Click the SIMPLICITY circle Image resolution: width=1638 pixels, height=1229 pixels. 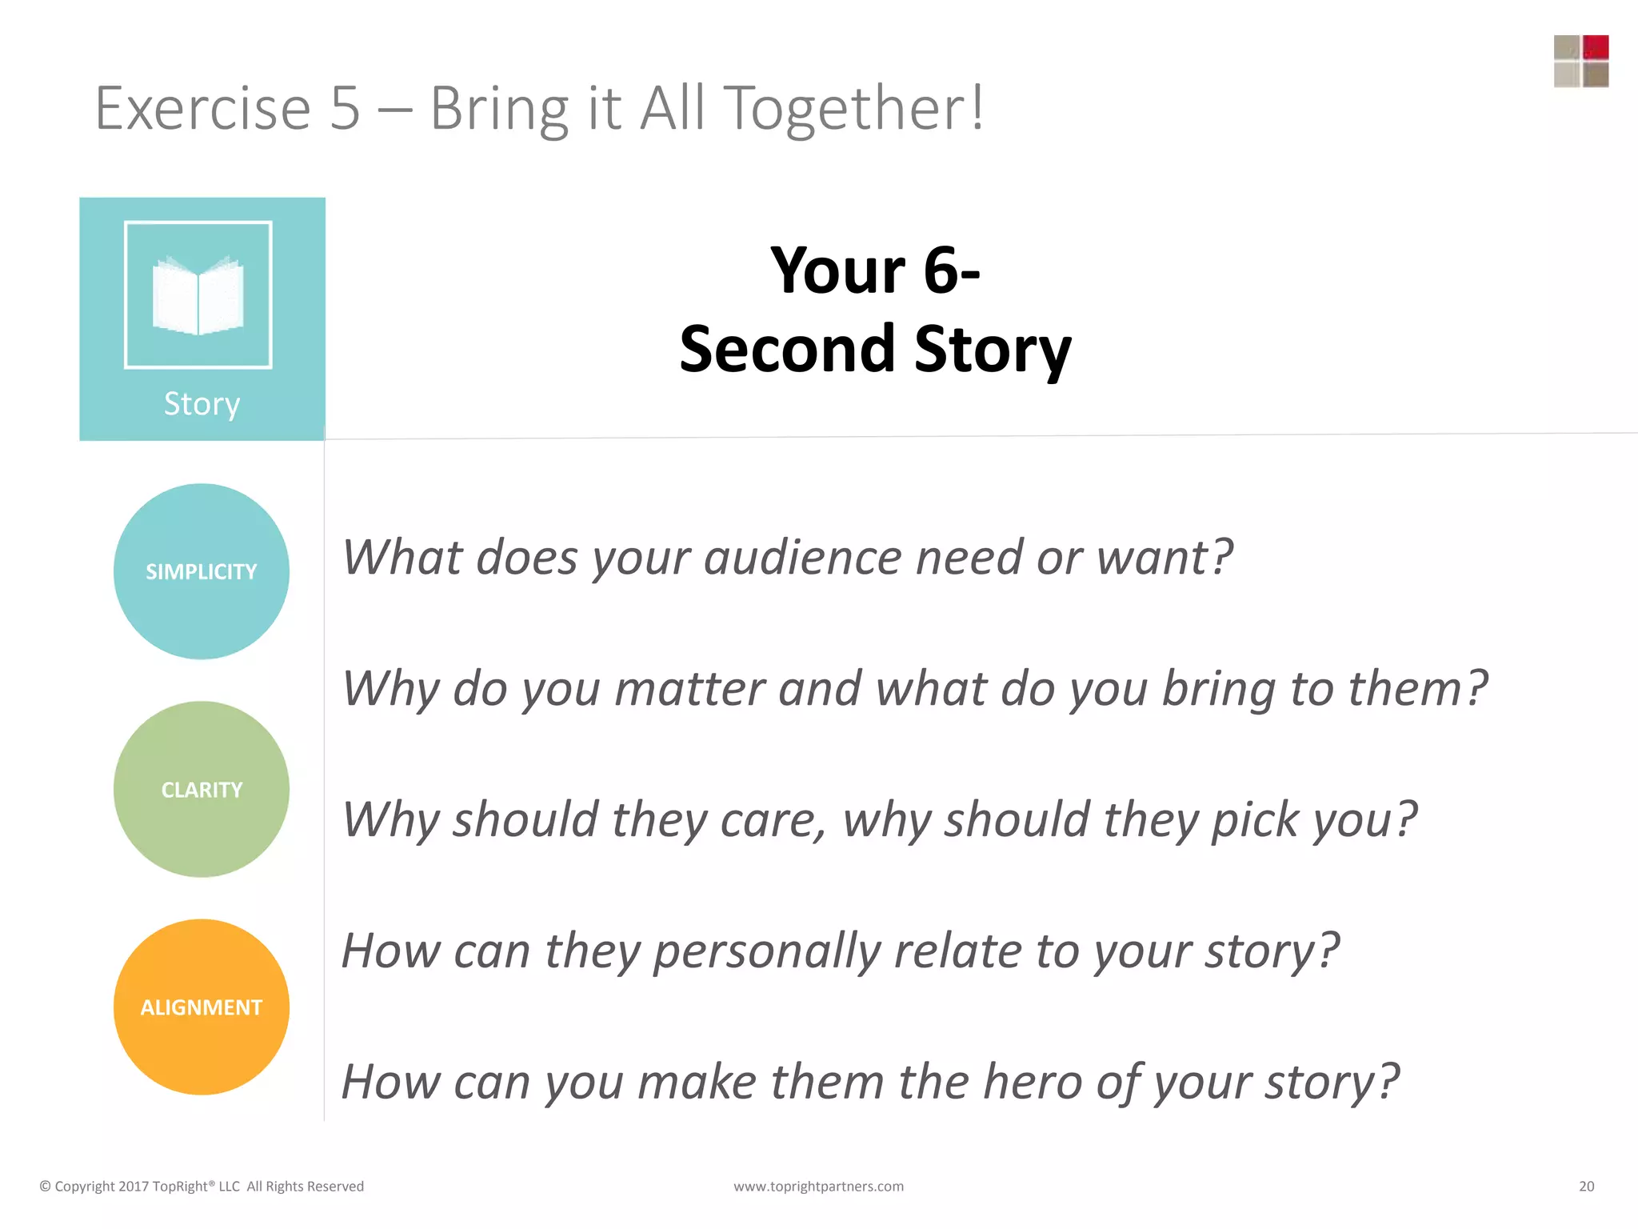(x=201, y=571)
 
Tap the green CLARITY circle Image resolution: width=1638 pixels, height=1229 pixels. (x=201, y=789)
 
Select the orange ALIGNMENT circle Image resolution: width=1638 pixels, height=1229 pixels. (x=201, y=1007)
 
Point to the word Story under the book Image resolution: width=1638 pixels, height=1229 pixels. (x=202, y=404)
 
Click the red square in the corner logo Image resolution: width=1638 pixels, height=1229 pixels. (x=1595, y=47)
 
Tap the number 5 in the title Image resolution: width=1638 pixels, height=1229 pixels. (x=345, y=108)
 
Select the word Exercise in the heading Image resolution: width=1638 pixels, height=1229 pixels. (x=202, y=108)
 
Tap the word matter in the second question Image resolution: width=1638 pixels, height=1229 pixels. (x=689, y=689)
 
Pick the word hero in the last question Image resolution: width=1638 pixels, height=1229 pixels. (x=1032, y=1082)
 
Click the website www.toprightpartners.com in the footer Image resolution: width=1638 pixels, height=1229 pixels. (x=818, y=1187)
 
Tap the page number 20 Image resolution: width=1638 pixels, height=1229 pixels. (x=1586, y=1187)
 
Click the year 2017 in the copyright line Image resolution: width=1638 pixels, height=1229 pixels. (x=133, y=1187)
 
